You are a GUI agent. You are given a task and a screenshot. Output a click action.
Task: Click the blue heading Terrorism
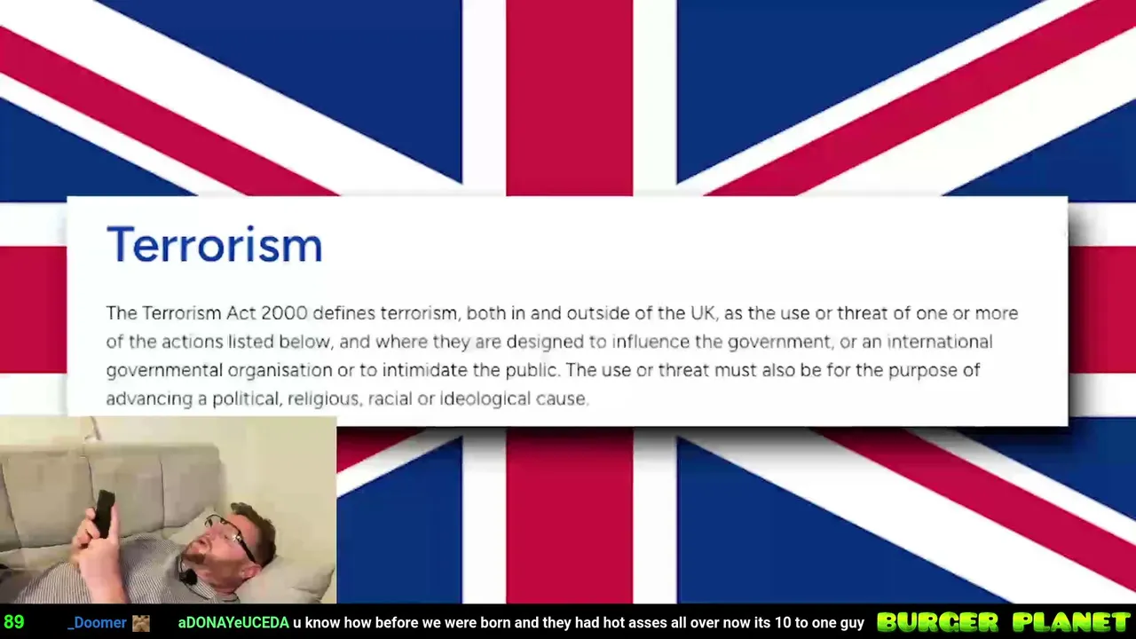coord(215,244)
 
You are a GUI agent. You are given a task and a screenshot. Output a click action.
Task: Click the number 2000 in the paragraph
coord(285,313)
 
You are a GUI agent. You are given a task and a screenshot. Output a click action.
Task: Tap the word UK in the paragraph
coord(702,313)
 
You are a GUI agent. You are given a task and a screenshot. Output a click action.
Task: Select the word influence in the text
coord(651,342)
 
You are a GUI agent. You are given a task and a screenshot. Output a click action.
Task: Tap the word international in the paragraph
coord(940,342)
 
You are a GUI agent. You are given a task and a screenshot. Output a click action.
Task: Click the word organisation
coord(280,370)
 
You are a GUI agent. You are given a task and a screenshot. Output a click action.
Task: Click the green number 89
coord(13,622)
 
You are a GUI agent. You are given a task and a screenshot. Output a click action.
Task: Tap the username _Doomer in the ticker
coord(97,622)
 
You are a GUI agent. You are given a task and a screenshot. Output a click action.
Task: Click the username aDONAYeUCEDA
coord(233,622)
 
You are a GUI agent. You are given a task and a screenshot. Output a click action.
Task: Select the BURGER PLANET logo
coord(1004,622)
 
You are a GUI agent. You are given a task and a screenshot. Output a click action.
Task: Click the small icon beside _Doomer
coord(141,623)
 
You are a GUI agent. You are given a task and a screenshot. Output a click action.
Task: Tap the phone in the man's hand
coord(105,513)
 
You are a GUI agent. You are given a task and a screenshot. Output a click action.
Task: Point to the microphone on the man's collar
coord(189,576)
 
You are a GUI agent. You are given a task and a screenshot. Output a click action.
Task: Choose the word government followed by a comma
coord(781,343)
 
